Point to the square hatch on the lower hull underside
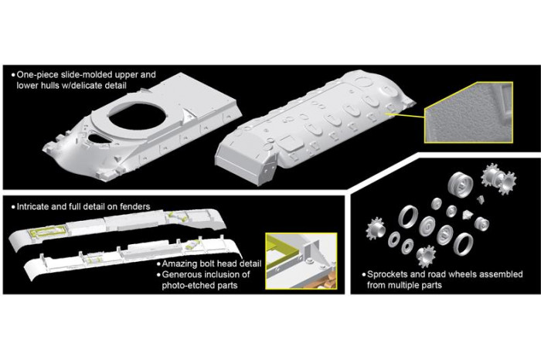click(288, 142)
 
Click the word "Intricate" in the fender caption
click(36, 206)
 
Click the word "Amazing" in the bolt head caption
click(179, 263)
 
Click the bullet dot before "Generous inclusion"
click(157, 274)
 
